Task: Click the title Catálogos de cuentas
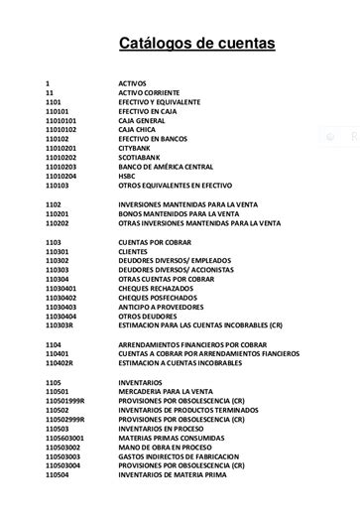pos(197,44)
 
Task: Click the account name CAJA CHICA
pos(139,130)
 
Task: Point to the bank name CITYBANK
pos(137,148)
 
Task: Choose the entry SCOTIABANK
pos(142,158)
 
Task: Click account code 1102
pos(54,203)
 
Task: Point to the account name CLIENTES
pos(136,251)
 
